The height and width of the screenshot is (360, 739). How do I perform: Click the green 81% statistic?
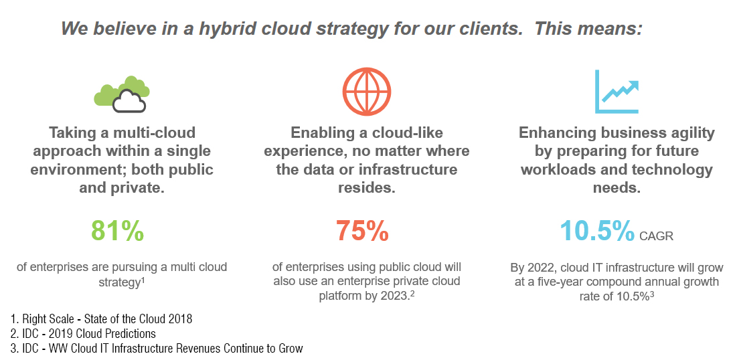click(117, 230)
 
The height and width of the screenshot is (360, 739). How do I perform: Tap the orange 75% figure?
click(362, 230)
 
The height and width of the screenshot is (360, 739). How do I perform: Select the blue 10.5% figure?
click(597, 230)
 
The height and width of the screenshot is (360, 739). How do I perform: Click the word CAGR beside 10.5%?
click(657, 236)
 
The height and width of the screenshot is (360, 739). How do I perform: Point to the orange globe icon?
click(367, 92)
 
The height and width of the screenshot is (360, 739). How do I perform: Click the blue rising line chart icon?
click(617, 92)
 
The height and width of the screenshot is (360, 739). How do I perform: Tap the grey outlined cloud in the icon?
click(129, 101)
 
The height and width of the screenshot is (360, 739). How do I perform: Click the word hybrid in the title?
click(224, 29)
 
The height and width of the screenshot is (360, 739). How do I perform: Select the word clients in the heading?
click(493, 29)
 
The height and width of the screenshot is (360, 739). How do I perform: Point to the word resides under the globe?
click(367, 187)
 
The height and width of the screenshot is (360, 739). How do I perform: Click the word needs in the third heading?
click(617, 187)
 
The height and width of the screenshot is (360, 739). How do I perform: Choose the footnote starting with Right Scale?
click(101, 319)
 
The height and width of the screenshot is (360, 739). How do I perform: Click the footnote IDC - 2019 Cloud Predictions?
click(82, 334)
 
